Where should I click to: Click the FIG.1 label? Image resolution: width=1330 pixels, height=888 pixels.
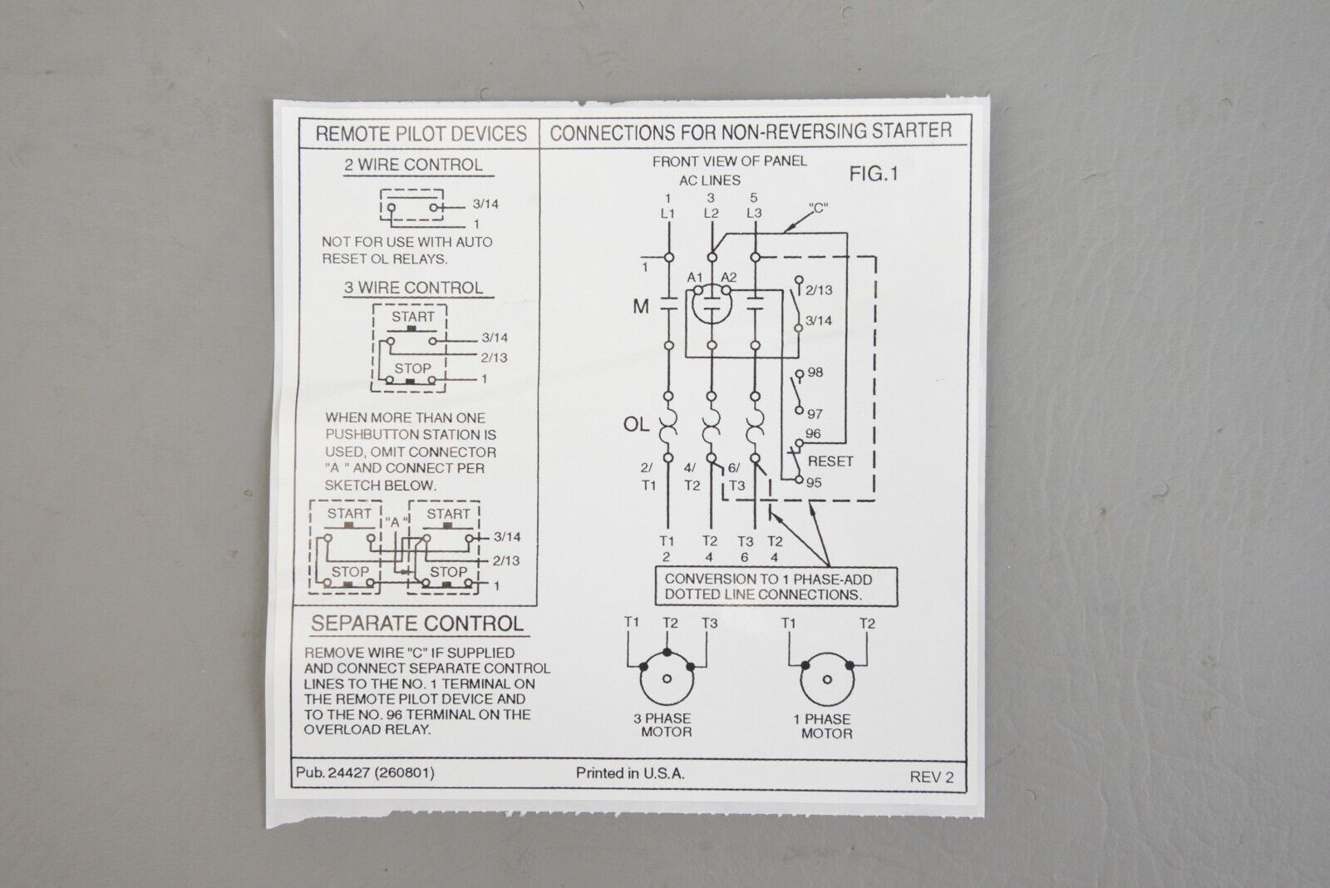pos(874,174)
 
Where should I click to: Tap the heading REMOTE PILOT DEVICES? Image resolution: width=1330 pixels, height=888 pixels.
pos(421,134)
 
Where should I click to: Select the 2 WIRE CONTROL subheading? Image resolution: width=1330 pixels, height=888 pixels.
pos(414,165)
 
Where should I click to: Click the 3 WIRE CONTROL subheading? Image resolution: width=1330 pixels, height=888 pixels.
pos(414,288)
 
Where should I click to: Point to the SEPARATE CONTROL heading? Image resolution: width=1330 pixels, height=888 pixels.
pos(417,624)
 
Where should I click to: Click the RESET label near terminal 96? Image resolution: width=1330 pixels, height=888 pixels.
pos(830,461)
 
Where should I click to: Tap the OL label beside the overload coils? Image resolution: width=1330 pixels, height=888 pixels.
pos(636,424)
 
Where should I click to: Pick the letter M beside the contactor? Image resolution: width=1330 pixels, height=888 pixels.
pos(641,307)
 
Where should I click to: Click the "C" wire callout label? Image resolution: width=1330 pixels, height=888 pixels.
pos(818,208)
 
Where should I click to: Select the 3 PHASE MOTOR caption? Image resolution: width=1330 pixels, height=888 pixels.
pos(663,725)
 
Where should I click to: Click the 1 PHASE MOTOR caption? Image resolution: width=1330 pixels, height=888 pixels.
pos(823,726)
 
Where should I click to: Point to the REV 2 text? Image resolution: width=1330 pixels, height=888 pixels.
pos(932,777)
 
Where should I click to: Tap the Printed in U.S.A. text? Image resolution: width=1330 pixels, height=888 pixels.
pos(630,773)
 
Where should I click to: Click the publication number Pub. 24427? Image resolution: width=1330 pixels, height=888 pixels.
pos(333,772)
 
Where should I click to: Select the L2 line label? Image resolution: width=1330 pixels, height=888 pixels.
pos(712,213)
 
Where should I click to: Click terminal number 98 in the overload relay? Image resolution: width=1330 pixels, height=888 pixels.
pos(815,372)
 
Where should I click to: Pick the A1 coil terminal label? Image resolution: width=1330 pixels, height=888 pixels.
pos(695,278)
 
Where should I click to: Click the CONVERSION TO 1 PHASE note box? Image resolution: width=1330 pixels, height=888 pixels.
pos(776,586)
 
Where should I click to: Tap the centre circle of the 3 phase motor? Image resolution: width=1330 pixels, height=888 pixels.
pos(667,678)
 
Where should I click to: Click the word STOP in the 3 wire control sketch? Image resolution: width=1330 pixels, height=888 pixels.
pos(412,368)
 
